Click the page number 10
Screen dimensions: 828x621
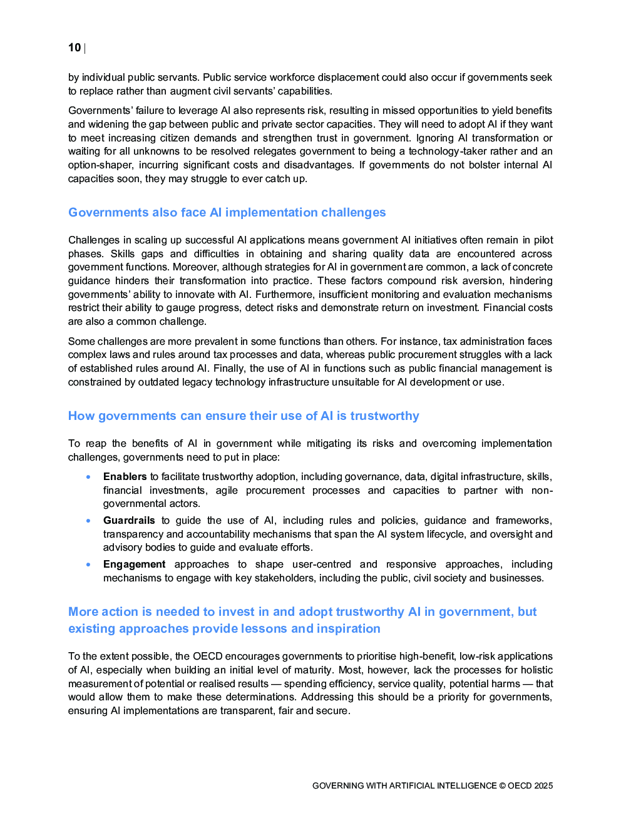pyautogui.click(x=74, y=48)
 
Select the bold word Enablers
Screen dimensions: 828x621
pyautogui.click(x=125, y=477)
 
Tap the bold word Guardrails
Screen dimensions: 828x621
pyautogui.click(x=129, y=521)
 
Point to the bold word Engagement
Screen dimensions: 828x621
pyautogui.click(x=134, y=565)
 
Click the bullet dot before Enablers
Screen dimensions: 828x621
pyautogui.click(x=88, y=477)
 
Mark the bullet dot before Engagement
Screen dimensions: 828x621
pyautogui.click(x=88, y=565)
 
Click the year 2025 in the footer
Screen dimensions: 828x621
pyautogui.click(x=543, y=786)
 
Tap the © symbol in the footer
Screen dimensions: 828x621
pyautogui.click(x=502, y=786)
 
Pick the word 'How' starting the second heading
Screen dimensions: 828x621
pyautogui.click(x=81, y=416)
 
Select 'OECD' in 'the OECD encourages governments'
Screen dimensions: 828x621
pyautogui.click(x=207, y=657)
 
